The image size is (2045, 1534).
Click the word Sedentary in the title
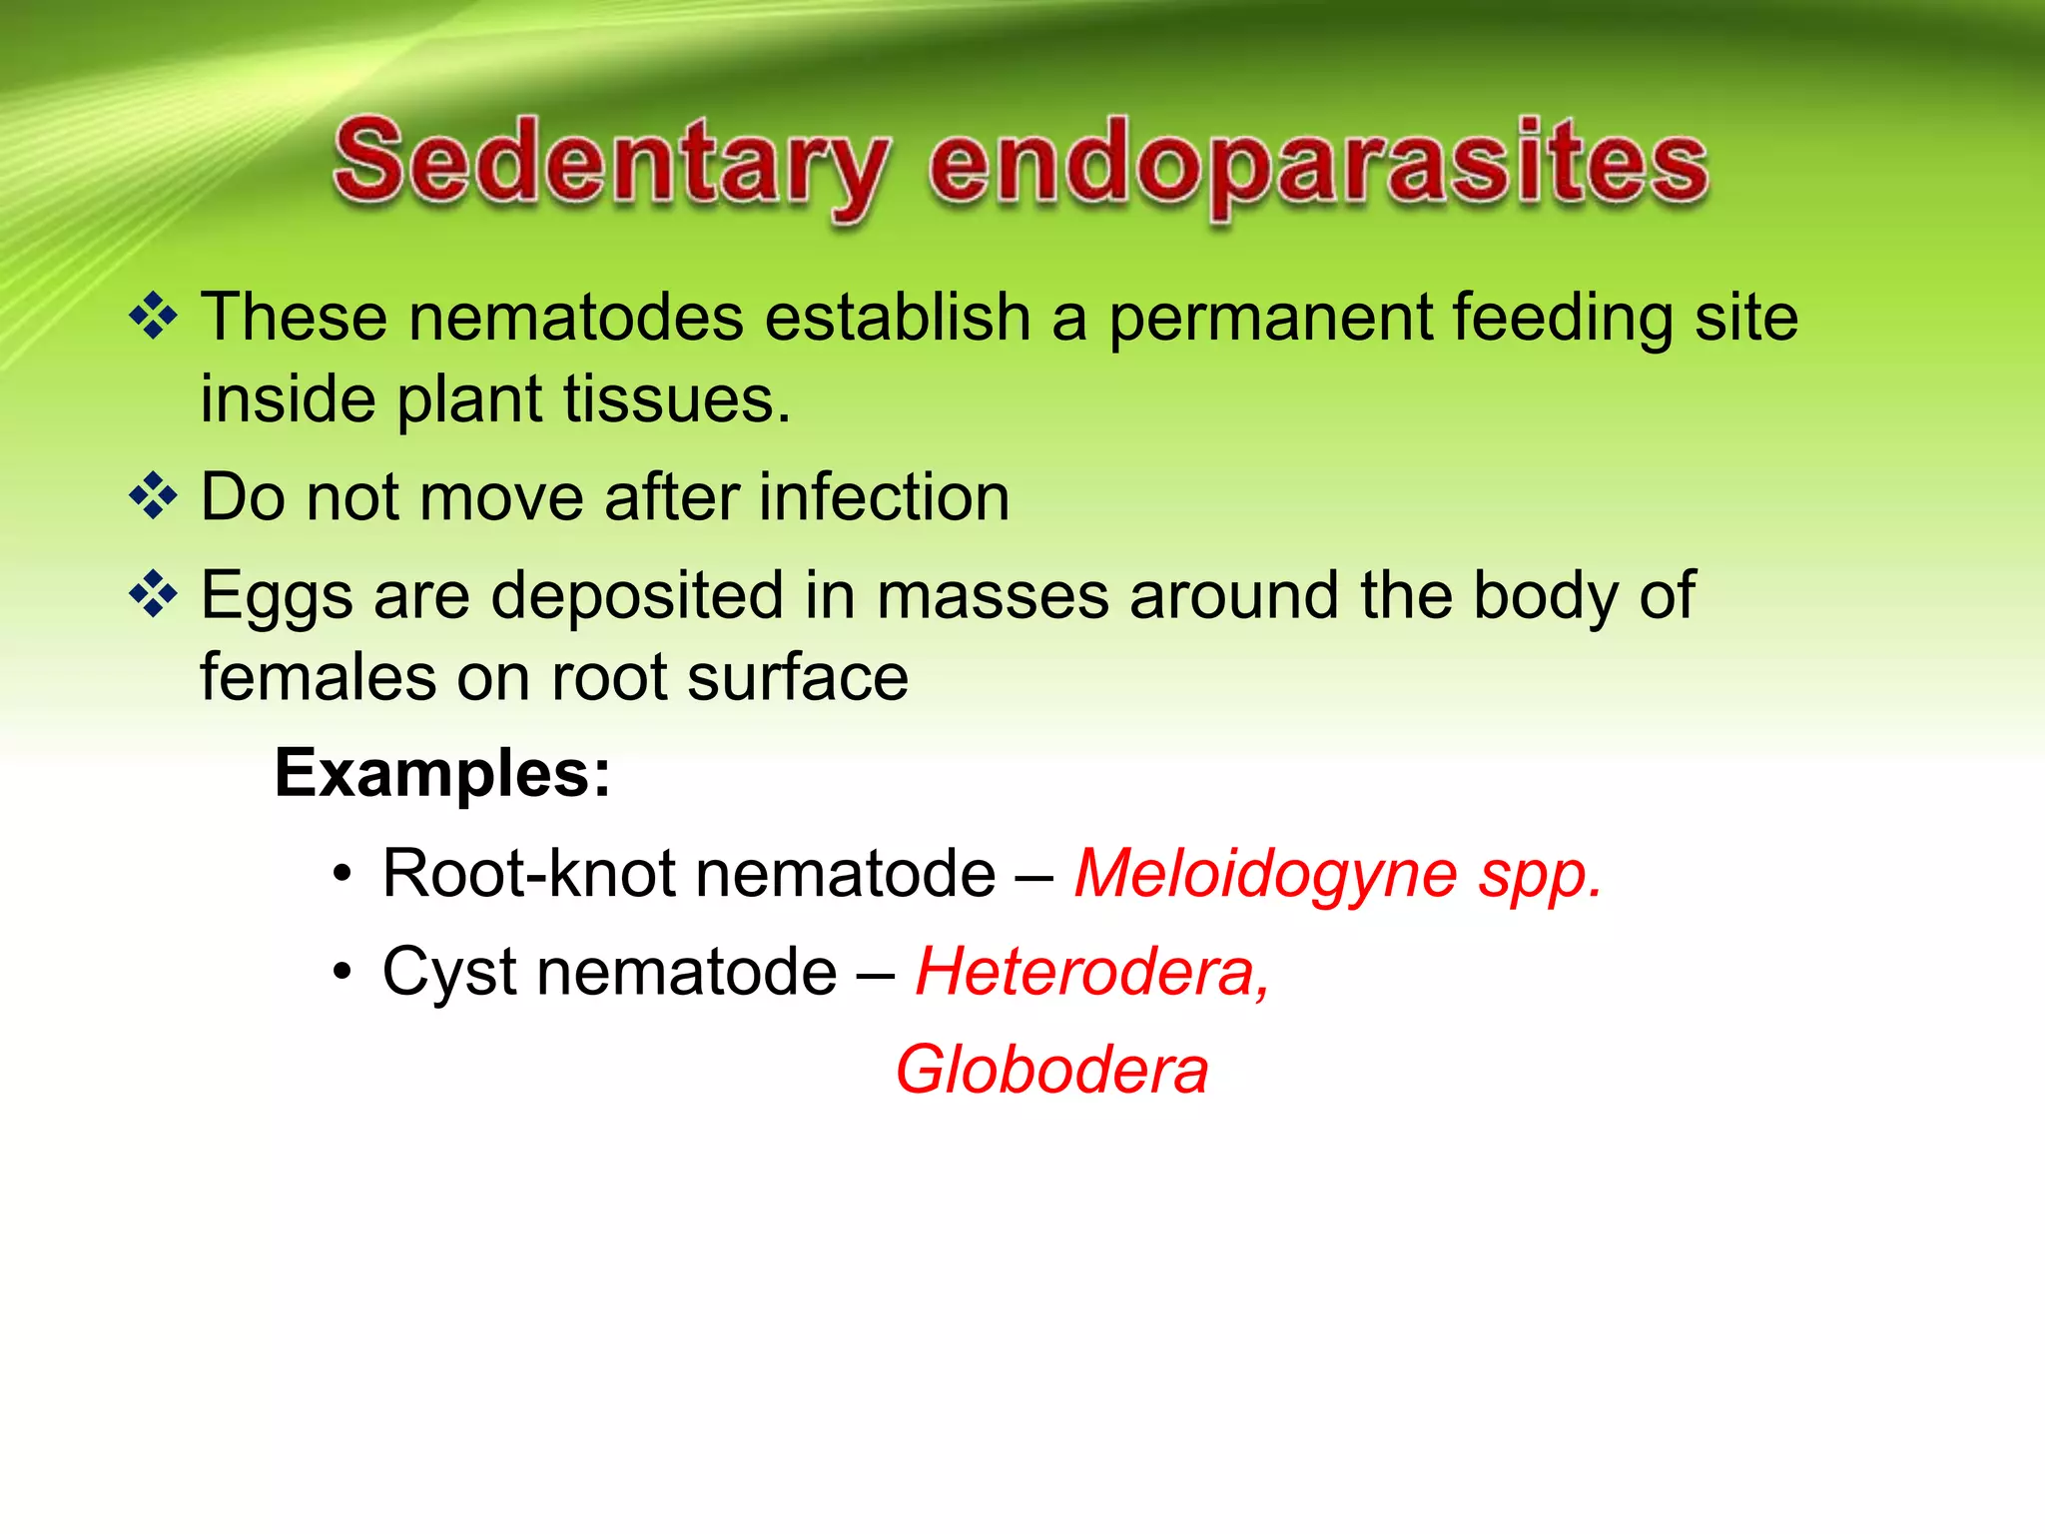click(609, 165)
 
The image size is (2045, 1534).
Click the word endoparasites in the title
click(1318, 165)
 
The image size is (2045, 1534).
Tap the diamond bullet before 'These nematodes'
click(153, 318)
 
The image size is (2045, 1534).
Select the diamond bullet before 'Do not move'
click(153, 496)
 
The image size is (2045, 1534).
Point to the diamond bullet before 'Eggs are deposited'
click(153, 595)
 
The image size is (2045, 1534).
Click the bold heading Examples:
click(442, 773)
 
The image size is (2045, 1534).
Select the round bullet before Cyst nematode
click(342, 972)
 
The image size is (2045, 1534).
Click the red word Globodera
click(1051, 1070)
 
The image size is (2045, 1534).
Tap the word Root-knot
click(529, 874)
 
